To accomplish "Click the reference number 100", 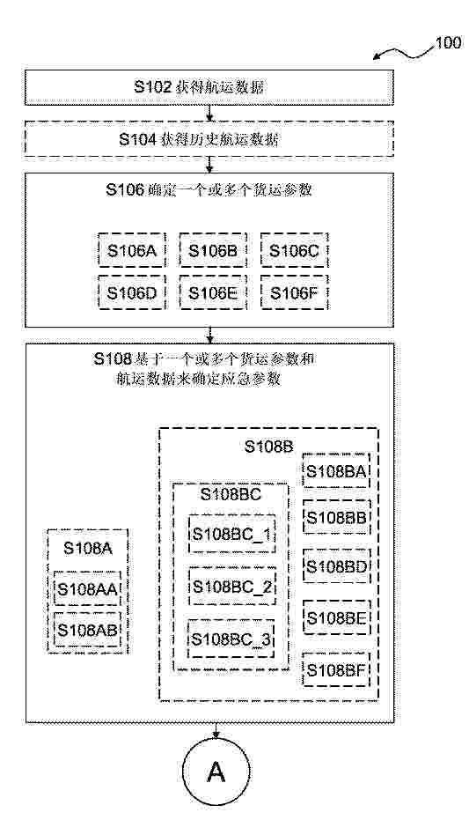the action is [448, 42].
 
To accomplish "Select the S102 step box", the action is [209, 87].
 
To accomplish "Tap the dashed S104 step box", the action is [209, 139].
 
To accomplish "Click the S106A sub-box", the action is [132, 250].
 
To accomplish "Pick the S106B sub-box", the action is [213, 250].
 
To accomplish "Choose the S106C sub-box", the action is [294, 250].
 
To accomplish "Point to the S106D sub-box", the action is [132, 292].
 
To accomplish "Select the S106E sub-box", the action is [213, 292].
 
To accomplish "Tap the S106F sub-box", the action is [294, 292].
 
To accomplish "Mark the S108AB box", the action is [88, 630].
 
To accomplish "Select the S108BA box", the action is [336, 470].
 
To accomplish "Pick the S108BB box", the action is [336, 517].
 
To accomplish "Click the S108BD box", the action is [336, 565].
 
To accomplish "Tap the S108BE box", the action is [336, 617].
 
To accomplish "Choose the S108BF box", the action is [336, 669].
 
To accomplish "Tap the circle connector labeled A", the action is [216, 773].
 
